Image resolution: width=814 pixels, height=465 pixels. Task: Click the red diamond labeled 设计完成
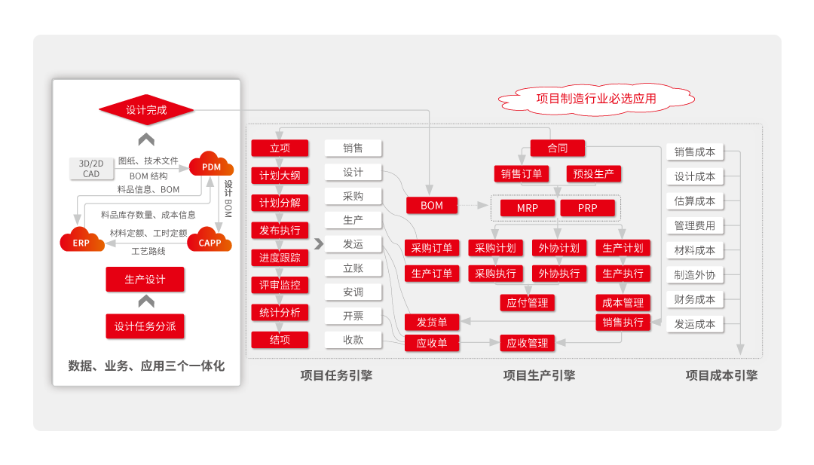146,111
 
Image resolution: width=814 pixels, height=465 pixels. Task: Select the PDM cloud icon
211,166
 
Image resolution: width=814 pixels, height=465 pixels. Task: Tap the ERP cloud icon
81,242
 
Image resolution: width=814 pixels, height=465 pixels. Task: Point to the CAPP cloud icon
210,242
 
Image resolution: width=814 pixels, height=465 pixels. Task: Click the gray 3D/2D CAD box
91,168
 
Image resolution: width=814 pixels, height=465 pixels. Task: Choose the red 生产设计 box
145,280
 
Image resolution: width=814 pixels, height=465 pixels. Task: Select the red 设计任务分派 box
145,326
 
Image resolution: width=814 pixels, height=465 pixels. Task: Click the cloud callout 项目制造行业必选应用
595,98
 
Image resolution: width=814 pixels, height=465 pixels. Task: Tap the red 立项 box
280,148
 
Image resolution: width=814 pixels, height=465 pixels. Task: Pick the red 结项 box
280,340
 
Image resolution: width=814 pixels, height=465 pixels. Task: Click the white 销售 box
353,148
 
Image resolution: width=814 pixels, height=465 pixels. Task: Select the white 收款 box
353,340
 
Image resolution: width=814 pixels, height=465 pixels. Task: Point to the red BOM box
432,206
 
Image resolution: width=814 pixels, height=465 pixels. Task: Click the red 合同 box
558,148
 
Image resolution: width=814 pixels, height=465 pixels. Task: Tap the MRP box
528,208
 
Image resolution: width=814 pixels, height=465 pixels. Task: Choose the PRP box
588,208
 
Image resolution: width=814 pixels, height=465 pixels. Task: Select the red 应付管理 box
528,303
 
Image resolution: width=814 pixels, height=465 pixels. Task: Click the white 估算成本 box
694,201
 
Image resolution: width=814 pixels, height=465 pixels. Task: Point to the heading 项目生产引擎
539,375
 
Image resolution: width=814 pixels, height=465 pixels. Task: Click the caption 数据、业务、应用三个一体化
146,366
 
